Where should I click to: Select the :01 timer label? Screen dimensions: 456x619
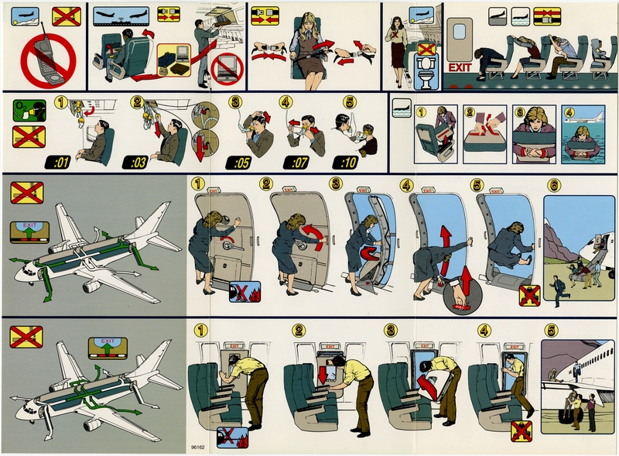[x=60, y=163]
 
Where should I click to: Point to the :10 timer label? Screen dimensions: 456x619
[x=347, y=163]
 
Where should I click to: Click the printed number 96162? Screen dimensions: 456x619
[x=200, y=447]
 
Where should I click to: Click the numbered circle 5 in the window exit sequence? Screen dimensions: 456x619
[x=552, y=328]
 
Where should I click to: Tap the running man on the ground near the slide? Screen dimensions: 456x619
[x=556, y=288]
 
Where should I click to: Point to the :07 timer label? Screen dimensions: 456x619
[x=297, y=163]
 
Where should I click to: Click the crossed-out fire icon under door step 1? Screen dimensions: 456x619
[x=245, y=293]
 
